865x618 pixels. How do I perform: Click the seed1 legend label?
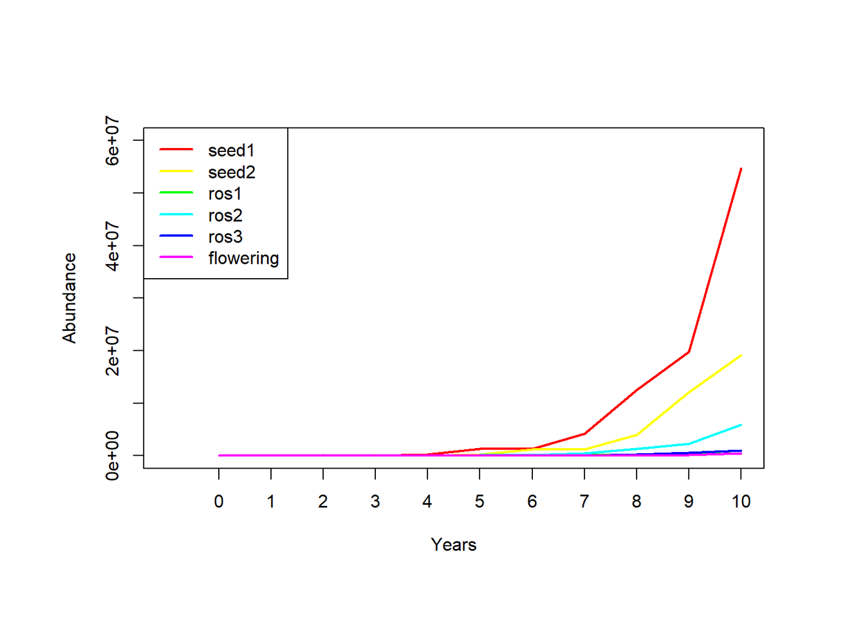click(231, 151)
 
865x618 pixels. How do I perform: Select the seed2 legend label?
click(232, 173)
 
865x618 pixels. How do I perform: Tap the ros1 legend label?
click(225, 194)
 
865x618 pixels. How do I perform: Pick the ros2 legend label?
click(225, 216)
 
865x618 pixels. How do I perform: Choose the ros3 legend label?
click(225, 237)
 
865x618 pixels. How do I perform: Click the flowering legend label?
click(243, 258)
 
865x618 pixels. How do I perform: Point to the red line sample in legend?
click(176, 149)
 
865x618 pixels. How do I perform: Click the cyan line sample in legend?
click(176, 214)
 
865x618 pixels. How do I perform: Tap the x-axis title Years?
click(454, 545)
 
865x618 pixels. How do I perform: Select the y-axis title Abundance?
click(70, 298)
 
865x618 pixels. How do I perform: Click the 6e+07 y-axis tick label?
click(113, 140)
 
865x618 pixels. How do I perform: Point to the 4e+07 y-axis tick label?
click(113, 246)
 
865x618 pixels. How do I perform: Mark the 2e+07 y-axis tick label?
click(113, 351)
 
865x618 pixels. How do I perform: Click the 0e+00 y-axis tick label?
click(113, 456)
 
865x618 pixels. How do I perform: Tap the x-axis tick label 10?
click(741, 502)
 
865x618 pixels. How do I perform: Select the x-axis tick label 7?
click(584, 502)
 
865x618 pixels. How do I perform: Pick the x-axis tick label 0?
click(219, 502)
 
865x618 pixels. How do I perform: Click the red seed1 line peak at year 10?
click(741, 169)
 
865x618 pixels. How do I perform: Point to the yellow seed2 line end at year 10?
click(741, 355)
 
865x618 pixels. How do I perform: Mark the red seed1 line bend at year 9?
click(689, 352)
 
